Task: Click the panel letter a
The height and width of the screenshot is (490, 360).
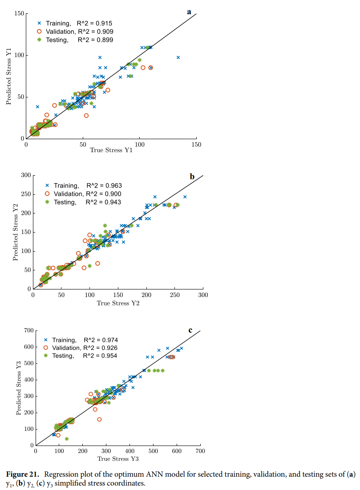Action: (189, 12)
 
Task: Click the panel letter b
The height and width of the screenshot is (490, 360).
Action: (192, 177)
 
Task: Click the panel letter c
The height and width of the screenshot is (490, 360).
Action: (190, 330)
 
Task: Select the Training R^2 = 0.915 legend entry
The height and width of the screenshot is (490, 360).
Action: (75, 23)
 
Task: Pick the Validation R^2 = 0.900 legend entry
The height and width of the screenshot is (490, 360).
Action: (83, 194)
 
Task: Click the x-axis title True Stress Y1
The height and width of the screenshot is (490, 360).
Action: (111, 150)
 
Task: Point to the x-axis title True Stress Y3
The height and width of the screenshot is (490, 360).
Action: (118, 458)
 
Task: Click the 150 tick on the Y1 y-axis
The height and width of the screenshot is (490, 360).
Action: (18, 13)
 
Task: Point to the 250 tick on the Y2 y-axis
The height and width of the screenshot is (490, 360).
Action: (25, 194)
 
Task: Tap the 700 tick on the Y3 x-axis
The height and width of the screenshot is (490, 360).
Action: (200, 451)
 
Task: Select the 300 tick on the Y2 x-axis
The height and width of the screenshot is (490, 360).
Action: (203, 294)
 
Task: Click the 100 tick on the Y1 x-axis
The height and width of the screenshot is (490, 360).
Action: (140, 145)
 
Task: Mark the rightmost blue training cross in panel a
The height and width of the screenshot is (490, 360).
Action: (178, 57)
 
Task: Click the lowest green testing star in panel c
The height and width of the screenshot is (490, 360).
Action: (67, 439)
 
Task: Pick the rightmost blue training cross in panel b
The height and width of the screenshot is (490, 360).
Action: (185, 197)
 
